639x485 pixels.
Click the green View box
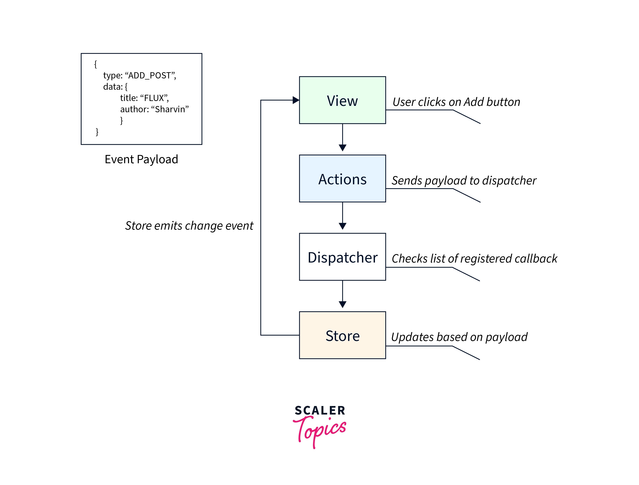click(342, 100)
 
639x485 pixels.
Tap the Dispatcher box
click(342, 257)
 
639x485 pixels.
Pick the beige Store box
click(342, 335)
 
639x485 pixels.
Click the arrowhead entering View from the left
click(296, 100)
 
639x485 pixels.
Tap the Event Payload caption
click(141, 159)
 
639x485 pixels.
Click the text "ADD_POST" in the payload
click(150, 75)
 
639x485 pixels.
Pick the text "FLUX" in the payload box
click(154, 98)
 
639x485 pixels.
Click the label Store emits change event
click(189, 226)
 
